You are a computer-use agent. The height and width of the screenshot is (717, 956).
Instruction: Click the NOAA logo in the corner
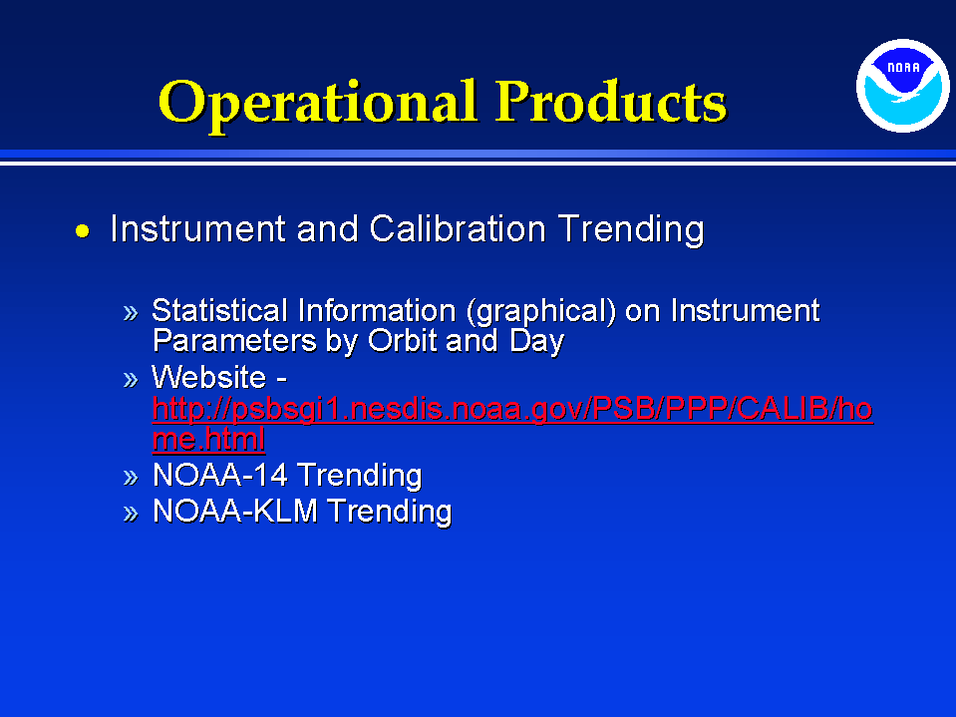coord(903,86)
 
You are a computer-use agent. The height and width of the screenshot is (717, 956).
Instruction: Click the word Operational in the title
coord(317,103)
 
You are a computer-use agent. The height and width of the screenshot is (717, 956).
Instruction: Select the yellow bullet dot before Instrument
coord(83,231)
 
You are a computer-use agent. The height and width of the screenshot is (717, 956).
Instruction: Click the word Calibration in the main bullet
coord(458,229)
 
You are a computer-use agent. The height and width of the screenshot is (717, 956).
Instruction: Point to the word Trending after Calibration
coord(631,230)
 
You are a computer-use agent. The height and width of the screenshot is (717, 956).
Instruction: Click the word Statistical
coord(219,310)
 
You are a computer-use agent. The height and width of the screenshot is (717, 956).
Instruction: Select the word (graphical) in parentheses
coord(541,311)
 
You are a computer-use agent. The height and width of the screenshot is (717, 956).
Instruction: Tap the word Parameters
coord(234,340)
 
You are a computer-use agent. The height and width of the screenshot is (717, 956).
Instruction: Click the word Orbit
coord(403,340)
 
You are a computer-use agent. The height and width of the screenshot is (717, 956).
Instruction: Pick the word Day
coord(536,341)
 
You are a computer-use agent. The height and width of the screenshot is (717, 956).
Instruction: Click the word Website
coord(208,377)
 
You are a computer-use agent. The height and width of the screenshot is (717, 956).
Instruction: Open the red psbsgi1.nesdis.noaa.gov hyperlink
coord(512,409)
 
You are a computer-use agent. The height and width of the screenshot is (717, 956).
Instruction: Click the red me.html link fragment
coord(208,439)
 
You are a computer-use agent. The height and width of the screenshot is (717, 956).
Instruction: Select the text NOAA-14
coord(219,475)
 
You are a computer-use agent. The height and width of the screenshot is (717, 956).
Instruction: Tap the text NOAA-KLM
coord(234,511)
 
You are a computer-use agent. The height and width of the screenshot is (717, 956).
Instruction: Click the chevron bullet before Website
coord(131,380)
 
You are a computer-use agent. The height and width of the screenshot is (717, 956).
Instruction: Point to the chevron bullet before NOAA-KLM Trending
coord(131,514)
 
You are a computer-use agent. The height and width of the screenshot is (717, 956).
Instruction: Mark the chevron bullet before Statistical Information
coord(131,313)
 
